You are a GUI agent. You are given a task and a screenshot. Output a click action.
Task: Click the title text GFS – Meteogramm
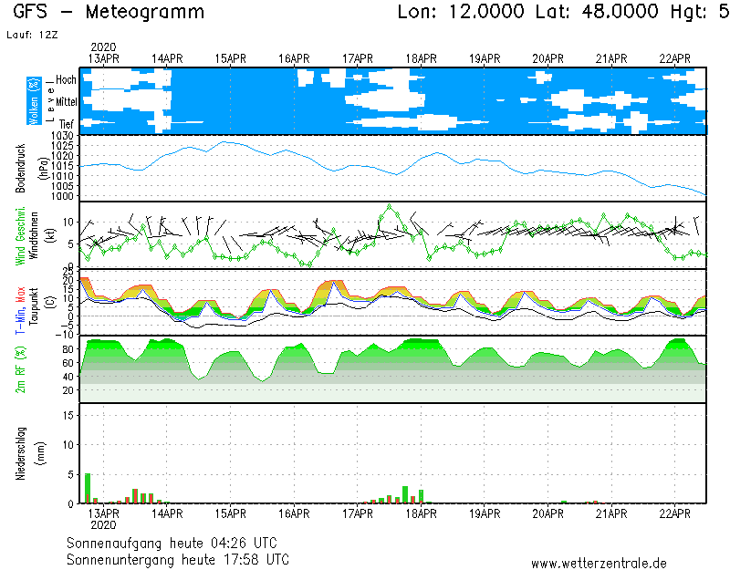coord(109,13)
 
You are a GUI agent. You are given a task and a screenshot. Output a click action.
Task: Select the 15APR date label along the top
coord(231,58)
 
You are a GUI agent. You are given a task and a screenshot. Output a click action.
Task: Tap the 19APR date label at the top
coord(485,58)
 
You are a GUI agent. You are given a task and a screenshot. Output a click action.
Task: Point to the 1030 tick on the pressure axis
coord(62,136)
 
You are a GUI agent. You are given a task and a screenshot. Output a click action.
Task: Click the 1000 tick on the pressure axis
coord(62,196)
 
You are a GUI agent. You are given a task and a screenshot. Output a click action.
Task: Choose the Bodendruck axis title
coord(20,167)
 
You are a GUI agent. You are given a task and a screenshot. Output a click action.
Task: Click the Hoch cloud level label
coord(66,80)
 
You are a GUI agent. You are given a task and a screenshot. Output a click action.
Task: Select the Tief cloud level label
coord(67,123)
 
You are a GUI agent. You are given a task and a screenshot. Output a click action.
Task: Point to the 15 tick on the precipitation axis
coord(68,414)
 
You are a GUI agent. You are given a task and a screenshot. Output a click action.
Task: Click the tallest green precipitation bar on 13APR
coord(88,488)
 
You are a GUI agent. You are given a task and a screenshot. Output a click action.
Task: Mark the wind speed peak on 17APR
coord(391,206)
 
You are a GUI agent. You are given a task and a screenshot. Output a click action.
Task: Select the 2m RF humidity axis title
coord(20,369)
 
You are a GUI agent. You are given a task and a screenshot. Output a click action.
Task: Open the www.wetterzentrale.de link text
coord(599,563)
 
